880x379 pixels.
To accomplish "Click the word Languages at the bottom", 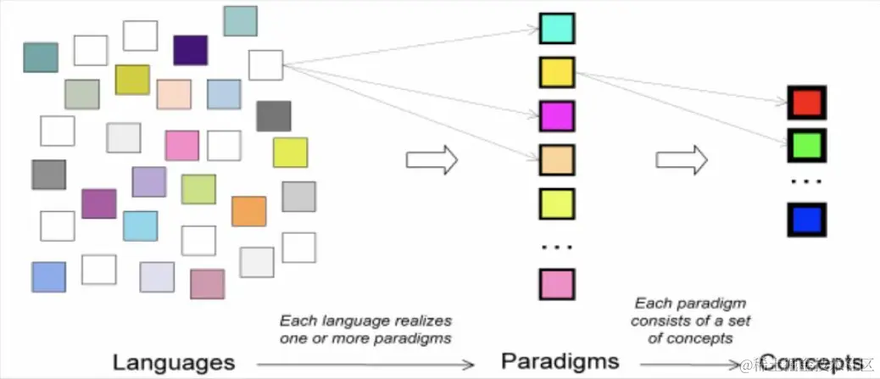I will [x=173, y=362].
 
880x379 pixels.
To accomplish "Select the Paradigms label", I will [x=560, y=361].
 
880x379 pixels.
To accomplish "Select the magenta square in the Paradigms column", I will [x=557, y=116].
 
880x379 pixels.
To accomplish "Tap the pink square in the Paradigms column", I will [x=557, y=284].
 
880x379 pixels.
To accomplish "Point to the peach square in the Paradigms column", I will [x=557, y=159].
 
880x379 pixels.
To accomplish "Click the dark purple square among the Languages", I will [x=190, y=50].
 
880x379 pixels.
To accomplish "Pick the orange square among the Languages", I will [x=248, y=211].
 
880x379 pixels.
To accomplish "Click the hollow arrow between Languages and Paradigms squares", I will [x=432, y=159].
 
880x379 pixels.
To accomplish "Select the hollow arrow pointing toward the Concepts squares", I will [x=682, y=159].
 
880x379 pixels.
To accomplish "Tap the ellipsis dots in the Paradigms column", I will [x=557, y=247].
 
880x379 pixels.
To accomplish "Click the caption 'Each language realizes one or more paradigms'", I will [x=366, y=329].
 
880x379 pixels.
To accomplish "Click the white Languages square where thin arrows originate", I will [x=265, y=65].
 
